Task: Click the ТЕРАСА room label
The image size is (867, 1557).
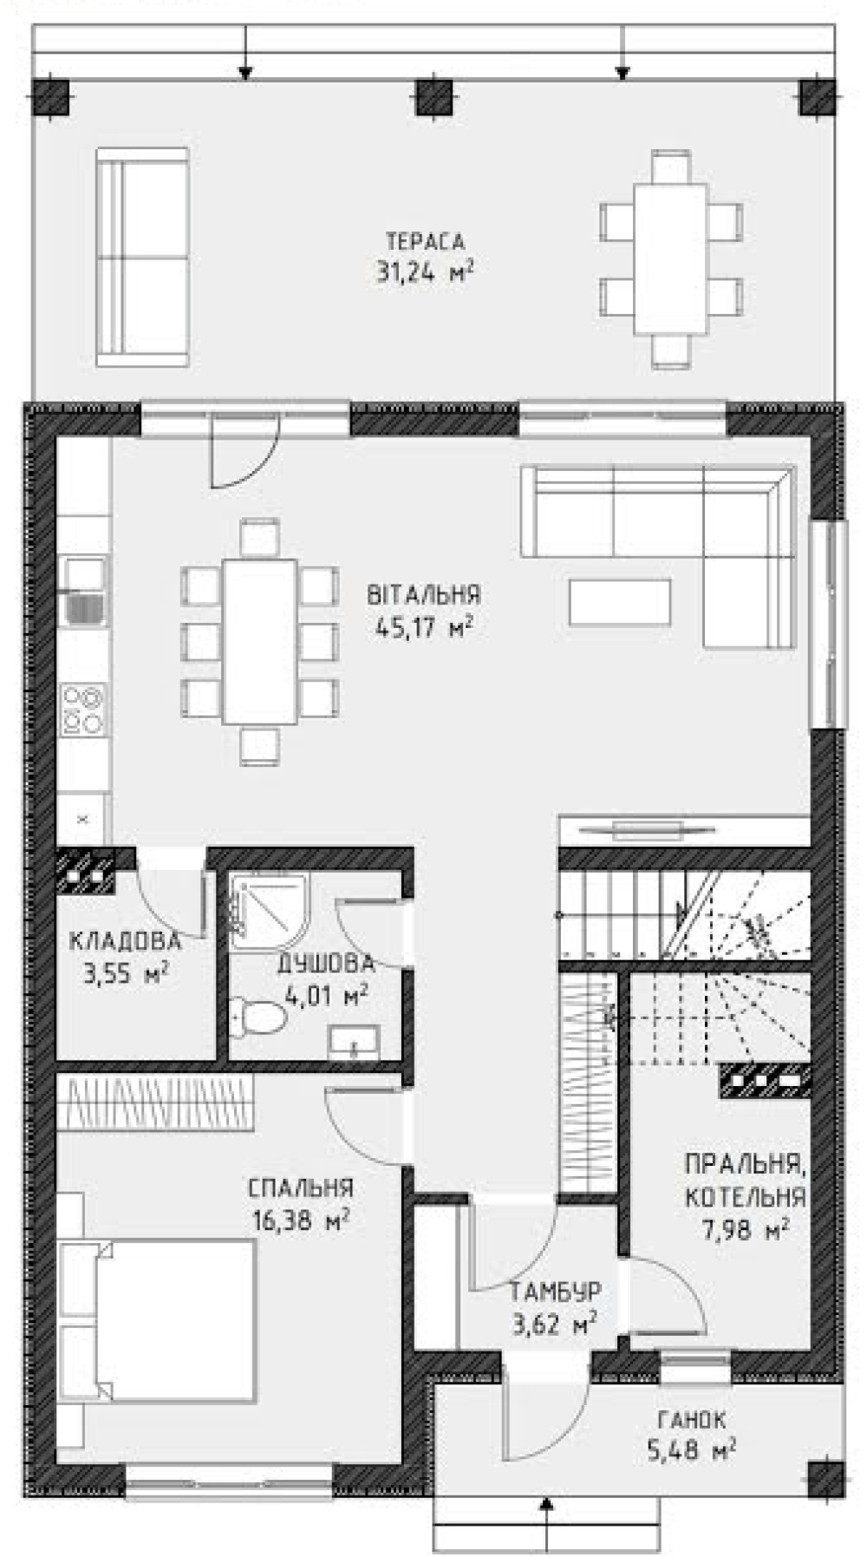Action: point(425,240)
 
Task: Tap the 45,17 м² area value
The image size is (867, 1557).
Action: point(425,626)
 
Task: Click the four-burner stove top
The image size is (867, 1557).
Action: point(84,710)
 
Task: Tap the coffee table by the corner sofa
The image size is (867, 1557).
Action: point(619,602)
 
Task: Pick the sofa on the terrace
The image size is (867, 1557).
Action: point(142,258)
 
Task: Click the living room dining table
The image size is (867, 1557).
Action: point(260,641)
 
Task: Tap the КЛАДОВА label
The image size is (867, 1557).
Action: point(125,941)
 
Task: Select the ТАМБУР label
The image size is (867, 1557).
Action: point(554,1292)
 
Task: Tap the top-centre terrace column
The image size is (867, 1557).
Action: point(435,97)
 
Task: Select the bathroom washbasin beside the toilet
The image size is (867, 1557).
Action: point(355,1041)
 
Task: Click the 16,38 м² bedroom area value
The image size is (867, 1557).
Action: point(301,1221)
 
